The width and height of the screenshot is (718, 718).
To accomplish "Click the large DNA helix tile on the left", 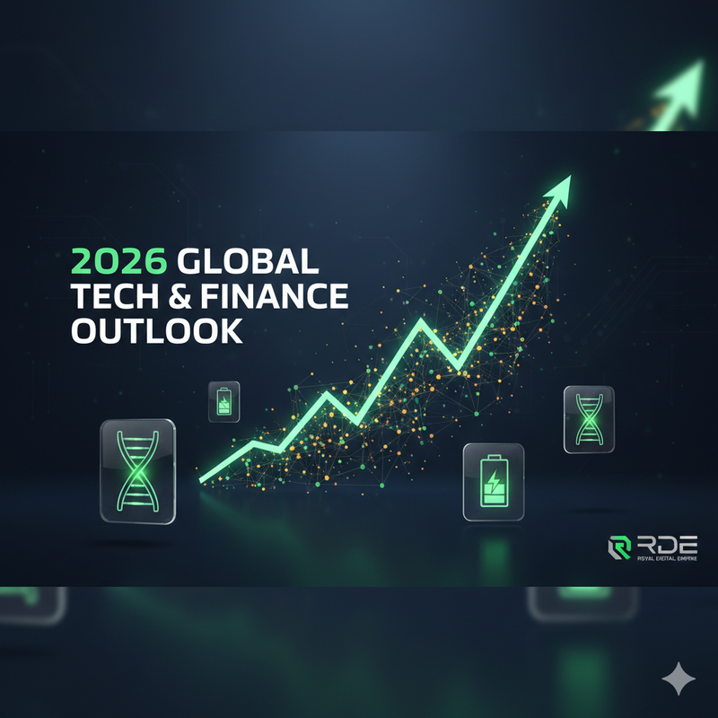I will coord(136,469).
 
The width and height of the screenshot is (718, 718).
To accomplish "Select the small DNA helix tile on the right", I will coord(589,418).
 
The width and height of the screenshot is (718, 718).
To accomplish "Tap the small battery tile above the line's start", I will coord(223,401).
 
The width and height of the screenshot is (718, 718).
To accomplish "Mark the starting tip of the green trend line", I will coord(202,482).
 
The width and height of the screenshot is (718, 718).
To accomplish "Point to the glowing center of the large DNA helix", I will coord(136,469).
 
